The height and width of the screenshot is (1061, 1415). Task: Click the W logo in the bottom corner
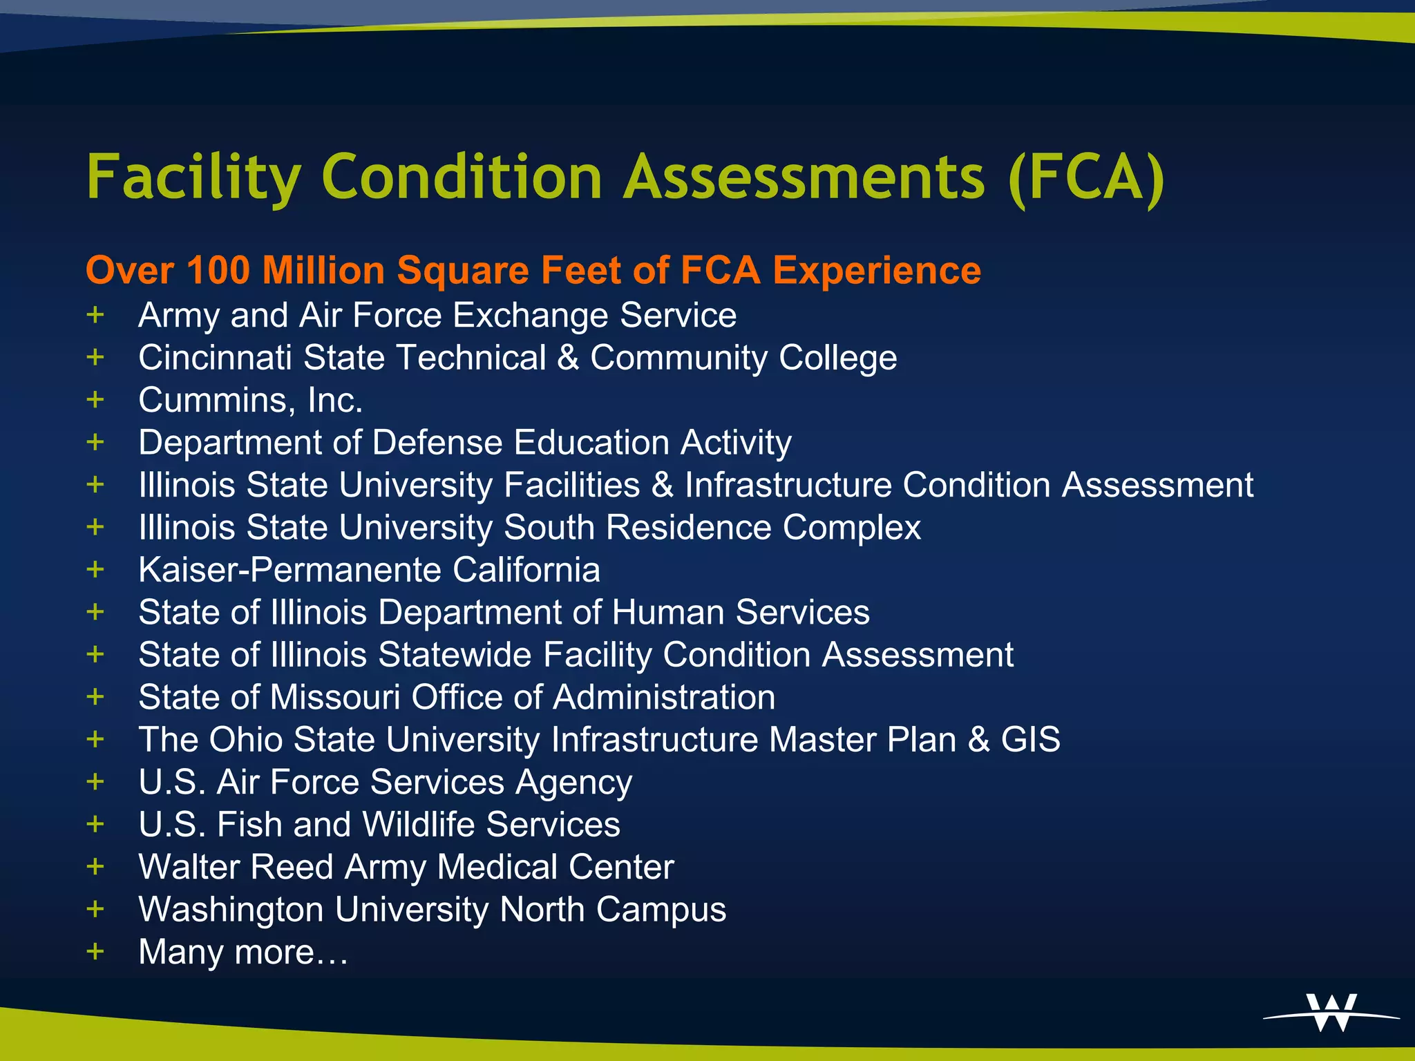1331,1013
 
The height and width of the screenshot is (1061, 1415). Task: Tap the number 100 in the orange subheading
218,270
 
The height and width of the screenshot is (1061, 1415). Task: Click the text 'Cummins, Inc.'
250,401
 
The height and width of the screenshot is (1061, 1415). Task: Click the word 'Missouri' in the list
336,698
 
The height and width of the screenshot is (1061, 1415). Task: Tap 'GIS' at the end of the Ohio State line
1030,740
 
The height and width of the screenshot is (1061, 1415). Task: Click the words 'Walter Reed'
236,867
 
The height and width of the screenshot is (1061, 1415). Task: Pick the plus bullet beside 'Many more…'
95,951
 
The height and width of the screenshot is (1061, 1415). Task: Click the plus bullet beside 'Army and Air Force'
95,315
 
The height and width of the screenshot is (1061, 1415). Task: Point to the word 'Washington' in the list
231,910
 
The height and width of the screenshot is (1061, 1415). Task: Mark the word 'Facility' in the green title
194,178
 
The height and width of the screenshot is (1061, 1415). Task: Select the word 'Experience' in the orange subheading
876,270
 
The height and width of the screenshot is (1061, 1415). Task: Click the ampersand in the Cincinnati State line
568,358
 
